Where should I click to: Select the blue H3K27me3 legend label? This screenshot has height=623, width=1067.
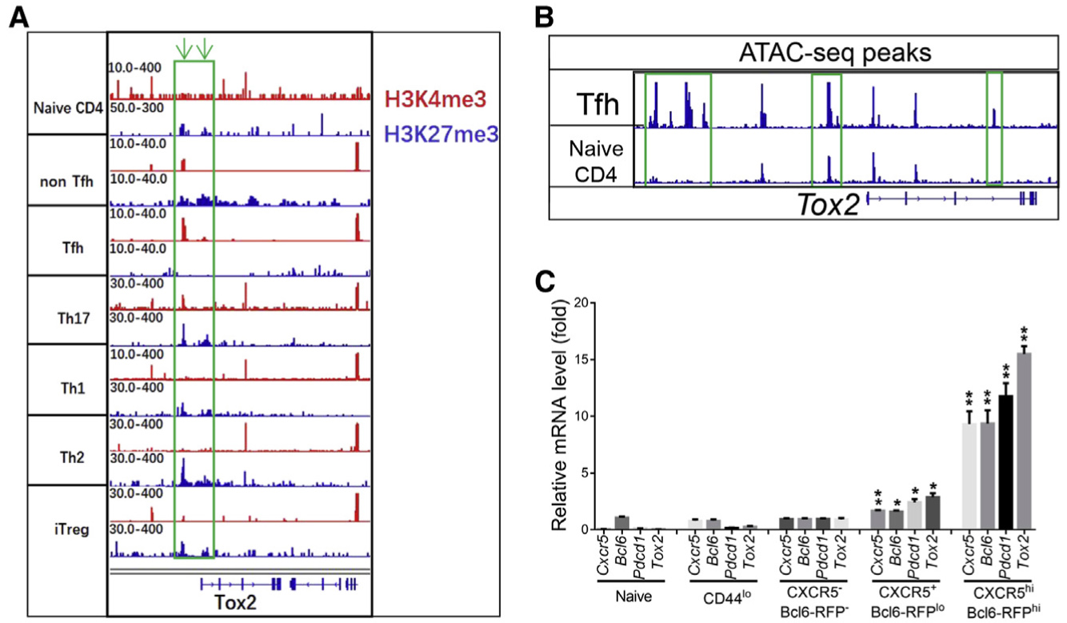(442, 136)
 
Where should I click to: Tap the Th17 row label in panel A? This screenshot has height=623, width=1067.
(66, 311)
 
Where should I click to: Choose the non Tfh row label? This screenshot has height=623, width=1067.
(66, 181)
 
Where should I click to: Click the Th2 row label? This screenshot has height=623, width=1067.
(66, 450)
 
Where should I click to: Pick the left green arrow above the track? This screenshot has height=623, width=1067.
(184, 50)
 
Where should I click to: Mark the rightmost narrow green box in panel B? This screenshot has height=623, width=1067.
(994, 129)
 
